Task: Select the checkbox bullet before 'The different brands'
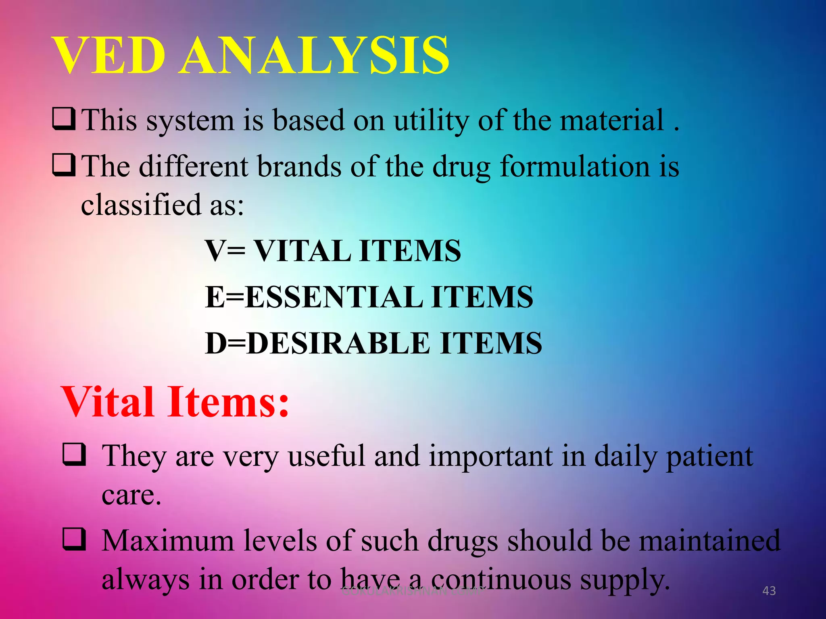pyautogui.click(x=64, y=165)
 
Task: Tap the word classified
pyautogui.click(x=141, y=205)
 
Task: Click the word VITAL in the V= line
pyautogui.click(x=303, y=251)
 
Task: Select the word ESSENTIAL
pyautogui.click(x=334, y=297)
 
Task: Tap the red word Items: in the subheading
pyautogui.click(x=228, y=402)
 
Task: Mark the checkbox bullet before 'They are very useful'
pyautogui.click(x=74, y=454)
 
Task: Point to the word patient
pyautogui.click(x=709, y=457)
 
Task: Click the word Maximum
pyautogui.click(x=168, y=541)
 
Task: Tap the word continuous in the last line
pyautogui.click(x=501, y=580)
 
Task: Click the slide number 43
pyautogui.click(x=769, y=591)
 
